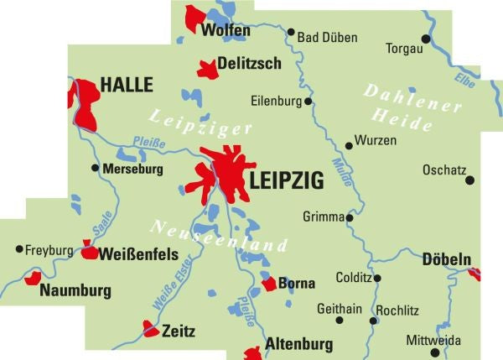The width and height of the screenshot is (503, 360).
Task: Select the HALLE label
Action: [127, 85]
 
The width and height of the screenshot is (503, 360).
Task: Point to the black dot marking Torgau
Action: [426, 39]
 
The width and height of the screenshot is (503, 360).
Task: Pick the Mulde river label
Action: [342, 172]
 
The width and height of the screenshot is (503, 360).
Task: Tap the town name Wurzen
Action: [376, 140]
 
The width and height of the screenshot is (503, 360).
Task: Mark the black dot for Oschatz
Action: [469, 180]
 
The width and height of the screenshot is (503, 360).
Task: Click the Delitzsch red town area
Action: [206, 69]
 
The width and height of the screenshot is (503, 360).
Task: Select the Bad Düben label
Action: [328, 38]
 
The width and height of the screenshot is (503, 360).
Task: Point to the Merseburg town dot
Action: [94, 168]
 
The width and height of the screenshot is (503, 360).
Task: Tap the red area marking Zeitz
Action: [150, 328]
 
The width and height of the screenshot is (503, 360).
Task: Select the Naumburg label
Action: [75, 290]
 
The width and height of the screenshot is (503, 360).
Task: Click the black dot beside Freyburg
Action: [18, 249]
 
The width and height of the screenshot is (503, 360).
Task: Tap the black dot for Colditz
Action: [378, 278]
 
